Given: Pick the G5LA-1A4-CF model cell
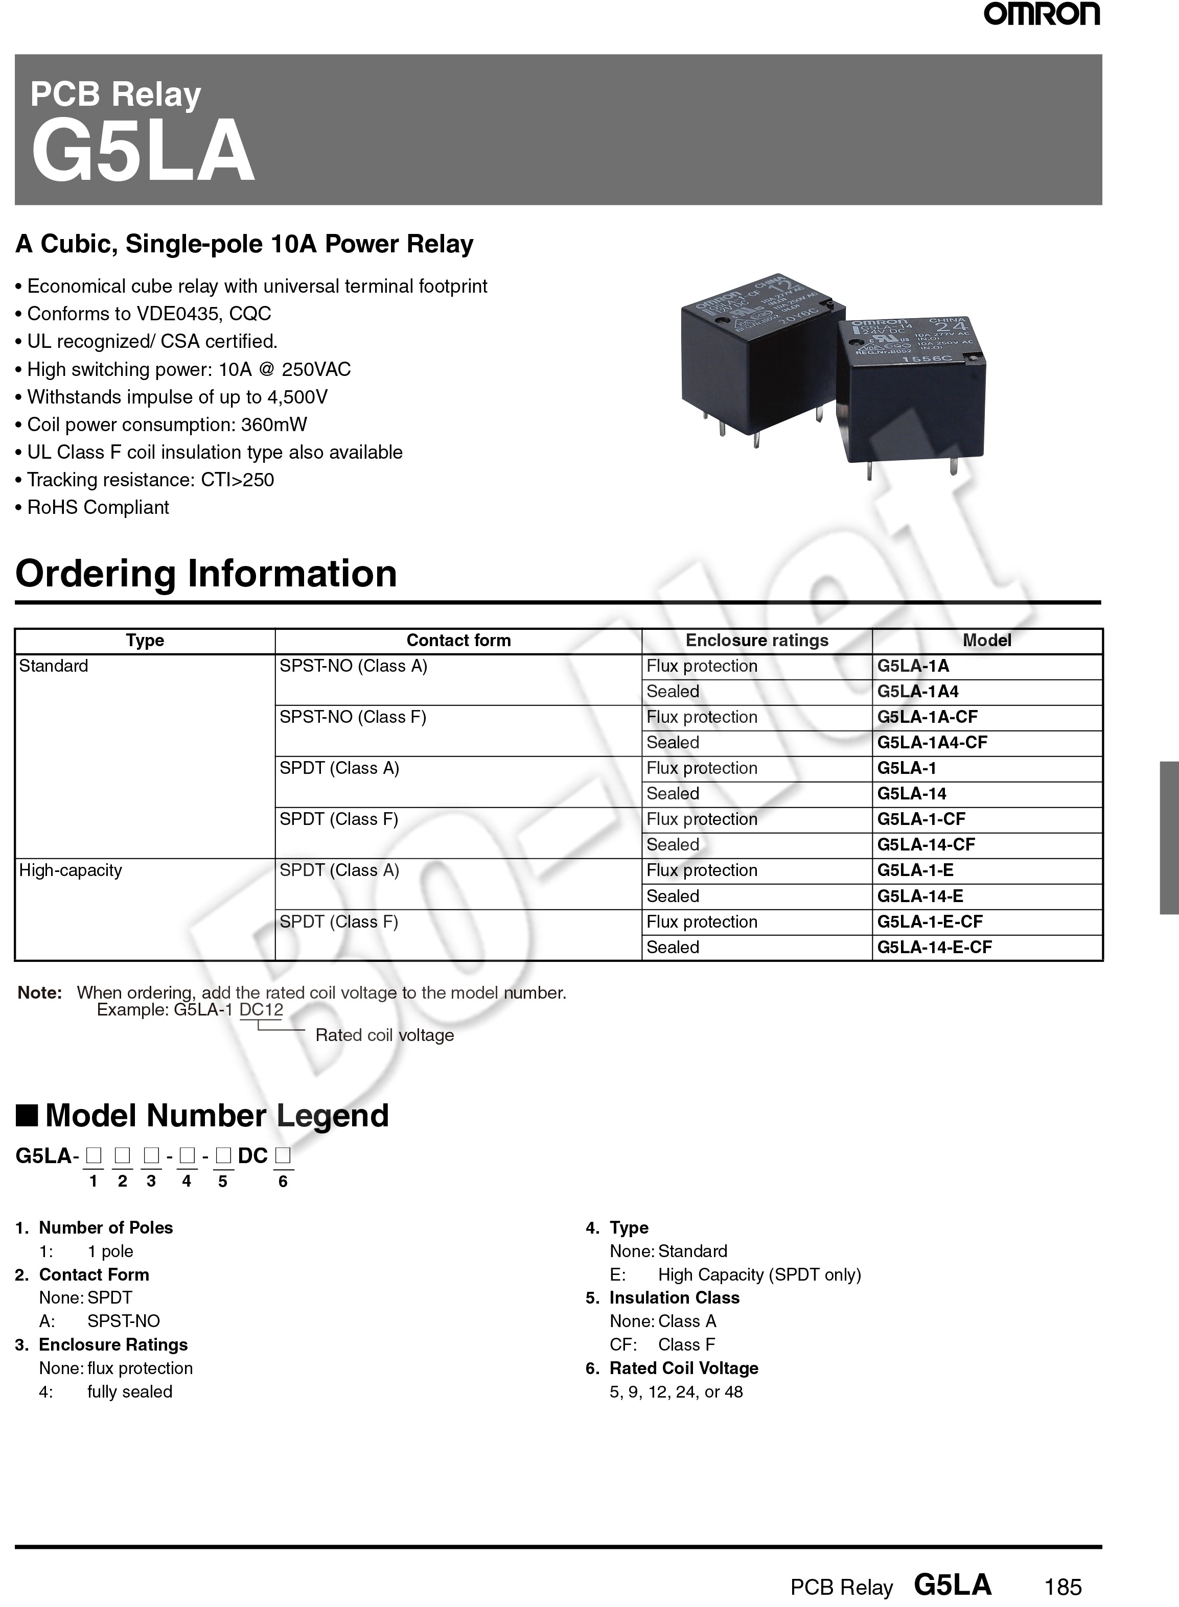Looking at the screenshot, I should click(932, 743).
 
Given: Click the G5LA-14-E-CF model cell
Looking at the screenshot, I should click(934, 947).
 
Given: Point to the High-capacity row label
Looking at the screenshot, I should click(71, 870).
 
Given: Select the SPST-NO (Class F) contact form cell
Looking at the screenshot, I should click(353, 717).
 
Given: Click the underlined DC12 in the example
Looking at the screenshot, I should click(261, 1009).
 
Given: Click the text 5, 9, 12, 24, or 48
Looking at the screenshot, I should click(676, 1391).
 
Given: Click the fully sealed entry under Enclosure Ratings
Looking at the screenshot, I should click(129, 1391).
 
